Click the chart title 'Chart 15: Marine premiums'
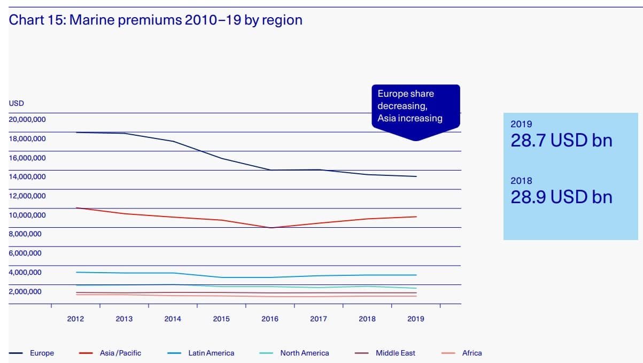pyautogui.click(x=156, y=20)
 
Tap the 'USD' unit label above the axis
pyautogui.click(x=17, y=103)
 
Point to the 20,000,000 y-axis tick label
pyautogui.click(x=27, y=119)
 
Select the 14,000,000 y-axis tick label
pyautogui.click(x=27, y=176)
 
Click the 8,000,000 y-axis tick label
pyautogui.click(x=25, y=234)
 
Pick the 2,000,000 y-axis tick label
pyautogui.click(x=25, y=291)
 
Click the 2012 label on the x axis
pyautogui.click(x=75, y=319)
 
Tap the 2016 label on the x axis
pyautogui.click(x=270, y=319)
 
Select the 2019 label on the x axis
pyautogui.click(x=416, y=319)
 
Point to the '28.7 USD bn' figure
pyautogui.click(x=561, y=141)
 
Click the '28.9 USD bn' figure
pyautogui.click(x=561, y=197)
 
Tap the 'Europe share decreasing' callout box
pyautogui.click(x=415, y=106)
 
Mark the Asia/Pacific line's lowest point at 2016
pyautogui.click(x=271, y=228)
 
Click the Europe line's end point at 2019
pyautogui.click(x=416, y=176)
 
